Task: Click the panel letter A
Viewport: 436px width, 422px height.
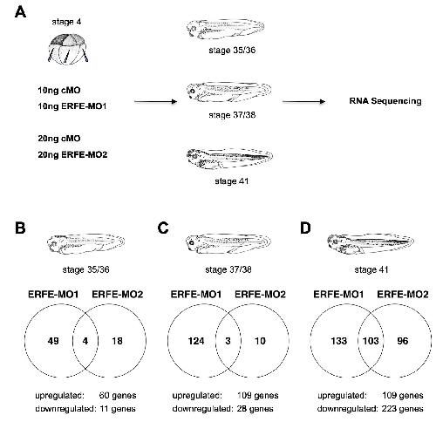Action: (20, 12)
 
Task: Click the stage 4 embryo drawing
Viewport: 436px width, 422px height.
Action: (68, 49)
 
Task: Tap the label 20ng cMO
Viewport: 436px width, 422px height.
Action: (59, 139)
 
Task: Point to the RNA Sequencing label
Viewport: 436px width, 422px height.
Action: (385, 101)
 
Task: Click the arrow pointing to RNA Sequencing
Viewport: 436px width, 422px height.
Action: (303, 101)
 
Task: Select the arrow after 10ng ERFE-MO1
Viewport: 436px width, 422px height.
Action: (156, 101)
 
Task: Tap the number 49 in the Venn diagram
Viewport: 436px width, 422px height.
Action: (53, 341)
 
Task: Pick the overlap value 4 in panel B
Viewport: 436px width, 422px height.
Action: (85, 341)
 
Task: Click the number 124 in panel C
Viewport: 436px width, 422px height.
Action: (196, 341)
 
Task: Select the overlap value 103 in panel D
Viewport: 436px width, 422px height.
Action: (371, 341)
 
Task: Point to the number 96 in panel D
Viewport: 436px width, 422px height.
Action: (403, 341)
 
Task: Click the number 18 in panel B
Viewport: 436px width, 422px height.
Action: (117, 341)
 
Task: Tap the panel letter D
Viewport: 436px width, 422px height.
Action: (305, 228)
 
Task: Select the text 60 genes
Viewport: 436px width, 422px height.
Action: (118, 396)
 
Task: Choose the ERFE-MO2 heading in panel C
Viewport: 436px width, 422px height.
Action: (260, 295)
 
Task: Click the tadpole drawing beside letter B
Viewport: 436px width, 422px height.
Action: (85, 243)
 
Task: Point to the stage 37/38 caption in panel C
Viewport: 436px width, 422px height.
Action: (228, 269)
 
